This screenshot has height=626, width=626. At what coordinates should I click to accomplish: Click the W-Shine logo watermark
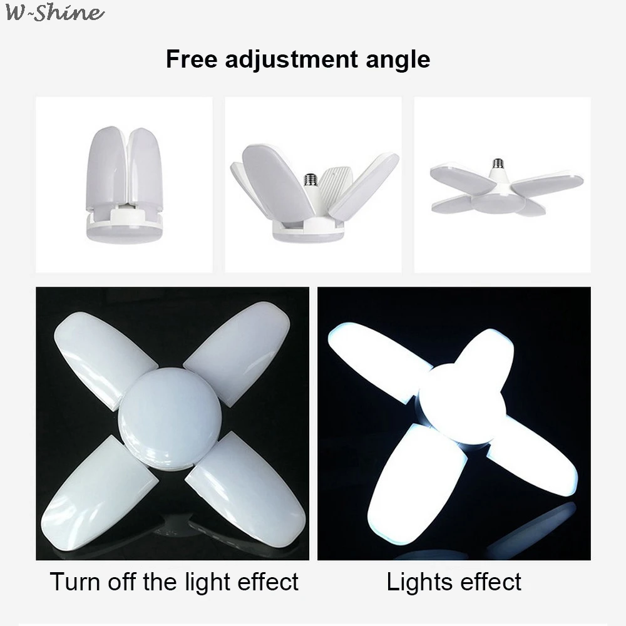(53, 13)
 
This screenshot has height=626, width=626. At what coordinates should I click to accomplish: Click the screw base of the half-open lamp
(309, 181)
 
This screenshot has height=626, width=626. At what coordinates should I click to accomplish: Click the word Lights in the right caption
(418, 582)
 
